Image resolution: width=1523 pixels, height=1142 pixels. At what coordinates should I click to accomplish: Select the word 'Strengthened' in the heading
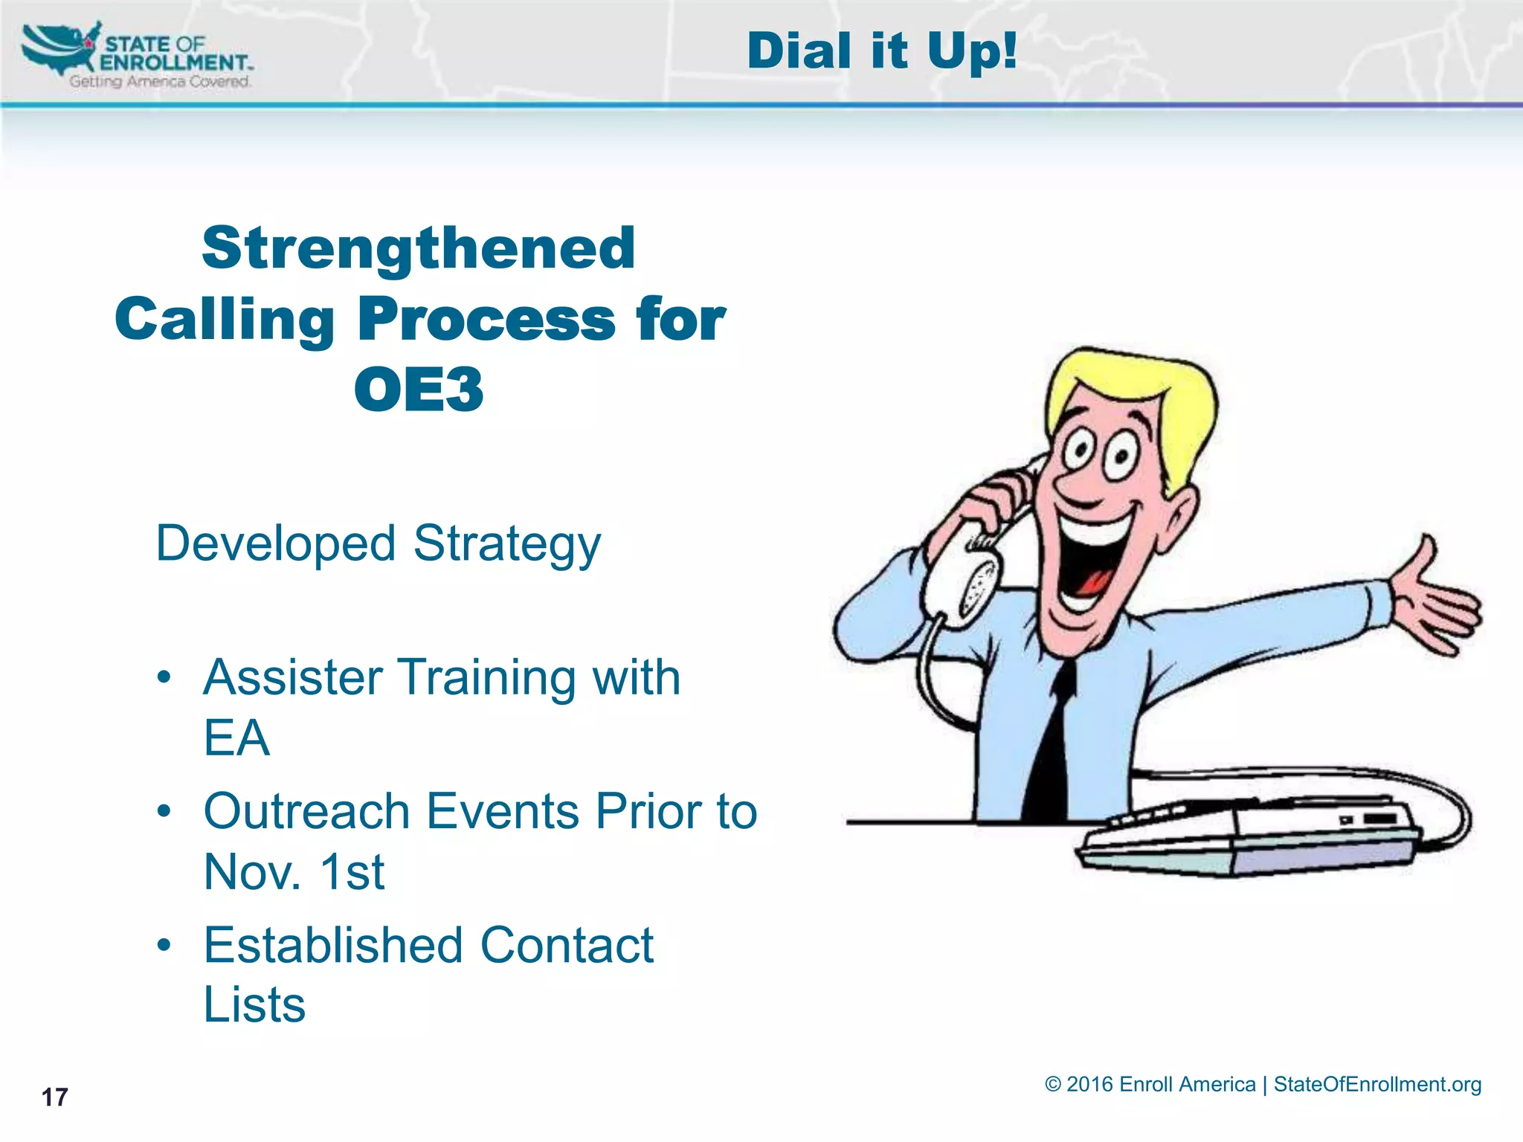pos(419,248)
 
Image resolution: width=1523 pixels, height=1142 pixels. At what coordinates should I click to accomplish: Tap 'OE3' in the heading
pos(419,390)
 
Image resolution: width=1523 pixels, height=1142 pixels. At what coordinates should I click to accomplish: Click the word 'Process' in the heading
pos(487,320)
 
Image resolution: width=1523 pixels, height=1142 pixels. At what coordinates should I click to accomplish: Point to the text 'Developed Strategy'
pos(378,543)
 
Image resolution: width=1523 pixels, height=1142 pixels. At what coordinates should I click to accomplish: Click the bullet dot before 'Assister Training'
pos(164,677)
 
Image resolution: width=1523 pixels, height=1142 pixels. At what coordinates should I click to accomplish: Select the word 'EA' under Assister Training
pos(236,738)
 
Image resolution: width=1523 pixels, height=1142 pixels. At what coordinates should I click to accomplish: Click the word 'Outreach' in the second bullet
pos(306,811)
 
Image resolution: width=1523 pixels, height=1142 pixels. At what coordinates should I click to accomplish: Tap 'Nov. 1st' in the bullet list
pos(294,871)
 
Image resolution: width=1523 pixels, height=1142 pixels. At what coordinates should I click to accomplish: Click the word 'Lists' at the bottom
pos(254,1004)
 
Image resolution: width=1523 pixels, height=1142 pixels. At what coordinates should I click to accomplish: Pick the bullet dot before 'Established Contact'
pos(164,946)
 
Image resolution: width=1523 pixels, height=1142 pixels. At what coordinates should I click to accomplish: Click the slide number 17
pos(54,1097)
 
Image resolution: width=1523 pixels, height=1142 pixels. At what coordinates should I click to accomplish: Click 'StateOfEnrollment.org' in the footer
pos(1377,1084)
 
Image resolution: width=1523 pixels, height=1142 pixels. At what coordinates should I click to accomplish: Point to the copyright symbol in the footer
pos(1052,1084)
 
